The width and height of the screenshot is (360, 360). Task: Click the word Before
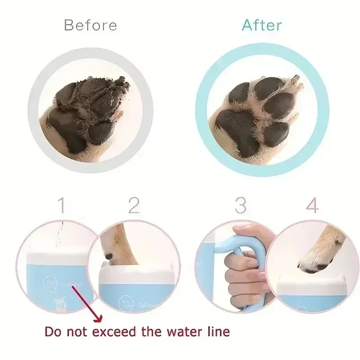(90, 25)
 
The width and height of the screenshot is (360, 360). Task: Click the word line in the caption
(217, 332)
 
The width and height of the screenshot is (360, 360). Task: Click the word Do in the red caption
(53, 332)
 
